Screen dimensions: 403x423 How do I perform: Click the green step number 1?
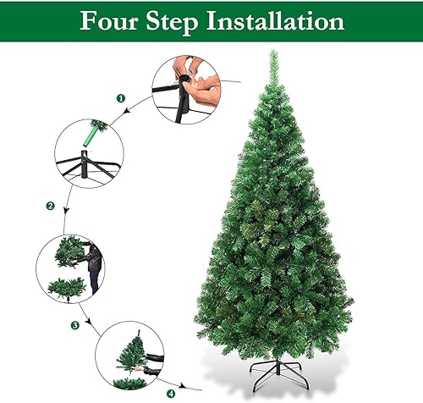coord(121,98)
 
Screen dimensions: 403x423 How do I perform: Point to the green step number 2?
coord(50,206)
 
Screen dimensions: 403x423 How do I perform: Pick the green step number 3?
coord(74,324)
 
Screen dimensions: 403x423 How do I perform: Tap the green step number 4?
coord(171,393)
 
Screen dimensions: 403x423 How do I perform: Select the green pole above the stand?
coord(93,133)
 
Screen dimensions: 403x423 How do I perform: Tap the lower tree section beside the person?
coord(66,287)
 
